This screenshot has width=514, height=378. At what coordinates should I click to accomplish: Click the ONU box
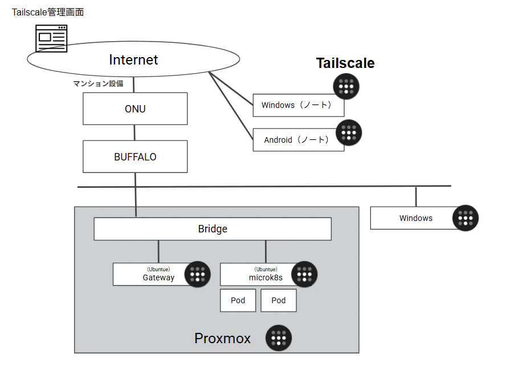point(135,108)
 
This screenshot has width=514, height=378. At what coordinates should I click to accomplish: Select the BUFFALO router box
point(135,156)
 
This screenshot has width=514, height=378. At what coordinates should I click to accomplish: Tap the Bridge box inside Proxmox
point(213,228)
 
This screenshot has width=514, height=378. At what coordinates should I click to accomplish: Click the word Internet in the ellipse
point(133,60)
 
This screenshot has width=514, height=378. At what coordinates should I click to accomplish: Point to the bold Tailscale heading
point(345,63)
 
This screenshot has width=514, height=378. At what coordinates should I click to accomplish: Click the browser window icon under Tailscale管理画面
point(51,38)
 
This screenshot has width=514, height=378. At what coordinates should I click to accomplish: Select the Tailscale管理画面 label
point(48,12)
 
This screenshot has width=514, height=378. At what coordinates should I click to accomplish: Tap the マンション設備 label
point(98,83)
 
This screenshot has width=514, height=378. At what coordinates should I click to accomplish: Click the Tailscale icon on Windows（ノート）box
point(346,86)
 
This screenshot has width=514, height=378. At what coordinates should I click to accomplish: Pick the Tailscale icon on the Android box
point(349,132)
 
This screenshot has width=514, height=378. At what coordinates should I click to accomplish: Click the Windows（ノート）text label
point(296,105)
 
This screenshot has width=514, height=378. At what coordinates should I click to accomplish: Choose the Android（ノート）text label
point(296,140)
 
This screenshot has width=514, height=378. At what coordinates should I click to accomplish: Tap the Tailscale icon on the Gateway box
point(197,274)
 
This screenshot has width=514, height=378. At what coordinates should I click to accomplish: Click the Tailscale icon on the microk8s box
point(304,274)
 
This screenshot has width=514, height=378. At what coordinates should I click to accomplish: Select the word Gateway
point(158,278)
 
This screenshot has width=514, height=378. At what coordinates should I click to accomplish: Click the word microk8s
point(266,278)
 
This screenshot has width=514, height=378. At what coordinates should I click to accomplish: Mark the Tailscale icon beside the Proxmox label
point(279,338)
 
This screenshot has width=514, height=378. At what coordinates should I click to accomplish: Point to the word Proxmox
point(223,338)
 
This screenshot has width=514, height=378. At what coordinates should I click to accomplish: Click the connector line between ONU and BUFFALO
point(134,132)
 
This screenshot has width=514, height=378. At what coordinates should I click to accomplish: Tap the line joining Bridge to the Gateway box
point(158,252)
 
